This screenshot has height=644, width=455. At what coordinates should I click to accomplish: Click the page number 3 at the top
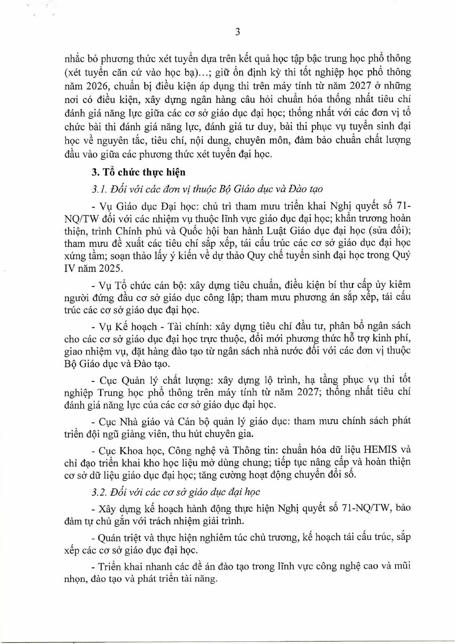pos(237,32)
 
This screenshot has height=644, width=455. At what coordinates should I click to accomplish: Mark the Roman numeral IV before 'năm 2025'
pos(70,268)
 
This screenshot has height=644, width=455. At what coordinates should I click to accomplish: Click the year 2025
pos(110,268)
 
